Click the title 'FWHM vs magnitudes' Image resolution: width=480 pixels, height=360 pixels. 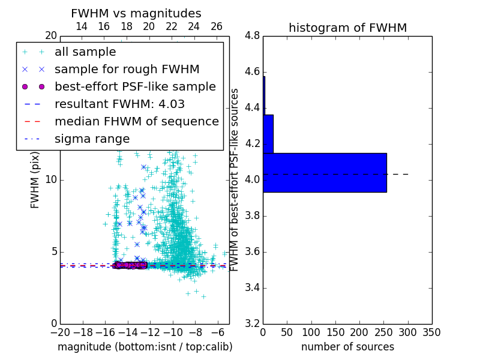coord(136,13)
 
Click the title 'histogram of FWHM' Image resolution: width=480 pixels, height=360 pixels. coord(347,28)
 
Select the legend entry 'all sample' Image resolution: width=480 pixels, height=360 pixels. coord(85,52)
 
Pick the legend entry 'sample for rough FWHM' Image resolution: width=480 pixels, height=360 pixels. coord(127,70)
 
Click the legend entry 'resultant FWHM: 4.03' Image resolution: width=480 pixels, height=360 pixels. coord(119,104)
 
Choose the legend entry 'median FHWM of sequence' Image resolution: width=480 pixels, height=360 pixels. coord(136,122)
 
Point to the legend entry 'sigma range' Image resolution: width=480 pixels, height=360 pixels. coord(92,139)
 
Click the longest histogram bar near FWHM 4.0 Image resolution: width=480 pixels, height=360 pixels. coord(325,172)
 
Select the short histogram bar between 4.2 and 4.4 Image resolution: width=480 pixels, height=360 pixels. coord(268,134)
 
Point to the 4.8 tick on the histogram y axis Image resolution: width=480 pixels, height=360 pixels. coord(252,36)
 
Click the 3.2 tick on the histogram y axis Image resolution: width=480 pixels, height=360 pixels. coord(252,323)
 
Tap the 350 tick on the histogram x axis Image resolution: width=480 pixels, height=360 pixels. coord(431,332)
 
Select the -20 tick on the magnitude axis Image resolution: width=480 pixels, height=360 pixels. coord(60,332)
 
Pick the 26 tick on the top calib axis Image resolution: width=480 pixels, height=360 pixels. coord(217,26)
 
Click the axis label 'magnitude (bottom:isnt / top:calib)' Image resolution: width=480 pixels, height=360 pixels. coord(145,347)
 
